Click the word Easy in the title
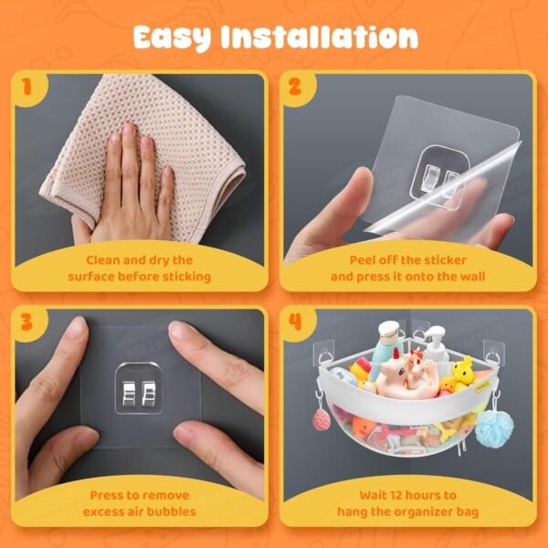click(x=172, y=37)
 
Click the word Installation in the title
click(x=320, y=37)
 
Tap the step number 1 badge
click(x=27, y=87)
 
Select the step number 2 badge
click(x=295, y=87)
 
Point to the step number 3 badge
click(x=26, y=321)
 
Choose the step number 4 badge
click(x=295, y=321)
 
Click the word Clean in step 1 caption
click(x=102, y=260)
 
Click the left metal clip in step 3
click(x=129, y=394)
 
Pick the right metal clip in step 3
click(x=149, y=394)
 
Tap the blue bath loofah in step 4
click(x=494, y=429)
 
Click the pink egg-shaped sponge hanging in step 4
click(x=321, y=420)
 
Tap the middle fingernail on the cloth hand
click(x=129, y=130)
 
